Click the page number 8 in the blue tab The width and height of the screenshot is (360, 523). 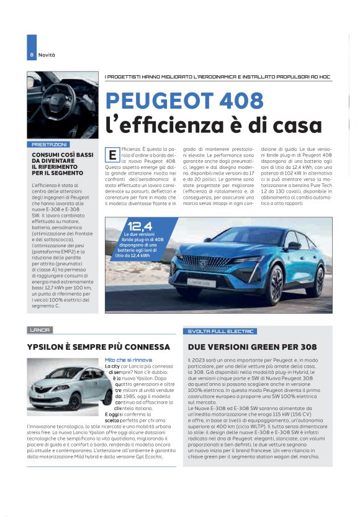[31, 55]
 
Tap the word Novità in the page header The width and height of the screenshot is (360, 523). [47, 55]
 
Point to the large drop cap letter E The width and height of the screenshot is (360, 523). [112, 153]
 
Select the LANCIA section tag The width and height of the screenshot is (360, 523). [40, 330]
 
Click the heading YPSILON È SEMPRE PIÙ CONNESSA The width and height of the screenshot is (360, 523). [99, 347]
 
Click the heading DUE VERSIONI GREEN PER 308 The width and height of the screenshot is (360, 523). [252, 347]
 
